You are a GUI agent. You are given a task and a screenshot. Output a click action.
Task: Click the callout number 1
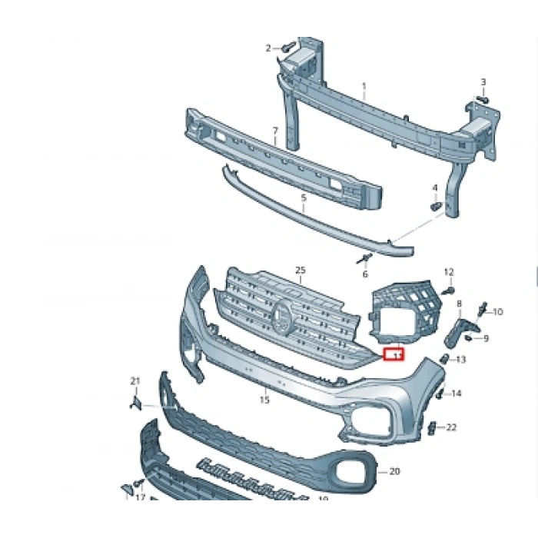(364, 87)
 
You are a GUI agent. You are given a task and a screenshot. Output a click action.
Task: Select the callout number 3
(483, 81)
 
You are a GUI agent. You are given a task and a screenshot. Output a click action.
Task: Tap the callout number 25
(301, 271)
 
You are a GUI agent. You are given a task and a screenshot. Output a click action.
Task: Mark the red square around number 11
(394, 355)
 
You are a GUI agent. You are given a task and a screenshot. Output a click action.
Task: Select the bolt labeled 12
(451, 289)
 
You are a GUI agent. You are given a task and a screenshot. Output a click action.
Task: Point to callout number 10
(498, 311)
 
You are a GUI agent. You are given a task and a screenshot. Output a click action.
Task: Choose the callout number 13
(461, 360)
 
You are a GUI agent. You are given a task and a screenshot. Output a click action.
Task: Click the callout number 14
(457, 394)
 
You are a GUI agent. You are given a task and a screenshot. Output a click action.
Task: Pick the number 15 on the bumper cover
(264, 400)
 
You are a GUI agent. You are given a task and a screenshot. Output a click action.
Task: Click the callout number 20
(395, 471)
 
